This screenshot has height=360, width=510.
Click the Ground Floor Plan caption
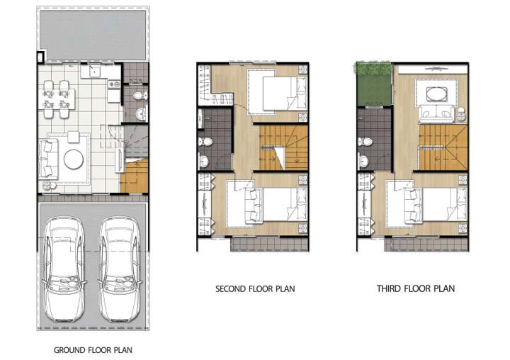pyautogui.click(x=93, y=350)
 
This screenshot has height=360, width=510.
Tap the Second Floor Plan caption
pyautogui.click(x=255, y=288)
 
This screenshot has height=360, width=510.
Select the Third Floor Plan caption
pyautogui.click(x=416, y=288)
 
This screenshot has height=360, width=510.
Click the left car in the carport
pyautogui.click(x=64, y=269)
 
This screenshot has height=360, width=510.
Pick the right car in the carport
pyautogui.click(x=120, y=269)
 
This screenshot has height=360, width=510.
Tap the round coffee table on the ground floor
pyautogui.click(x=74, y=159)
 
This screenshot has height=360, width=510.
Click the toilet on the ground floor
pyautogui.click(x=140, y=96)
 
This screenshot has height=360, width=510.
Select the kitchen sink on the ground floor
pyautogui.click(x=95, y=71)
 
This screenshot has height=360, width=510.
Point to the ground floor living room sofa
pyautogui.click(x=48, y=159)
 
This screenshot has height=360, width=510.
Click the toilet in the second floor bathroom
pyautogui.click(x=205, y=142)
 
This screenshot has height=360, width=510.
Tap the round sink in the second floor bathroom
pyautogui.click(x=204, y=162)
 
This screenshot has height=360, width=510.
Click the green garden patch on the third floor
pyautogui.click(x=374, y=84)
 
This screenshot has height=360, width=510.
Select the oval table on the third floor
pyautogui.click(x=436, y=95)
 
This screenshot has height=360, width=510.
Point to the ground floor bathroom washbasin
pyautogui.click(x=142, y=114)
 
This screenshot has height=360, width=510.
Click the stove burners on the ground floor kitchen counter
pyautogui.click(x=115, y=84)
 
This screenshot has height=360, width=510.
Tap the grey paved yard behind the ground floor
pyautogui.click(x=93, y=35)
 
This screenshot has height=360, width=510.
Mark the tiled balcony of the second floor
pyautogui.click(x=270, y=244)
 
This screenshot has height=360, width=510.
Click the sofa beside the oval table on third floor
pyautogui.click(x=436, y=114)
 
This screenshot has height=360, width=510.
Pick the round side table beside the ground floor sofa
pyautogui.click(x=46, y=186)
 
